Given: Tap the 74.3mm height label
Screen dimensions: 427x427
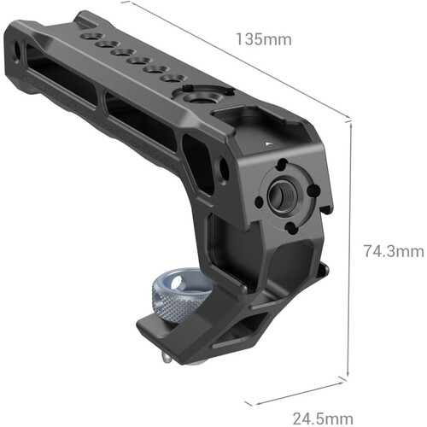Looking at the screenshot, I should [x=393, y=251].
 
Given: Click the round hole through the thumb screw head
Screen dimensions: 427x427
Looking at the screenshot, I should [x=183, y=281].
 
